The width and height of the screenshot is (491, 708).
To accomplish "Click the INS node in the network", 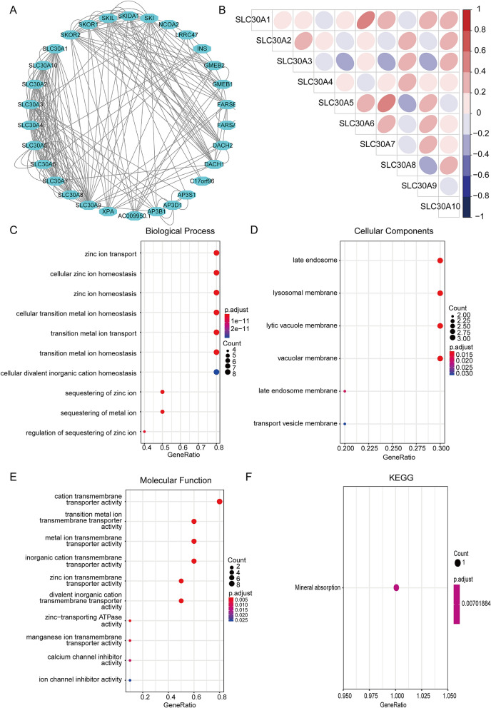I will tap(201, 49).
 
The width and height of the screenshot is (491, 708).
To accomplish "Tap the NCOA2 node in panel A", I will tap(168, 24).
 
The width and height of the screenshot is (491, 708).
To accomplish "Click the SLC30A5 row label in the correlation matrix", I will tap(294, 103).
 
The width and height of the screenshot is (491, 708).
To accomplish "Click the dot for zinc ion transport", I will tap(216, 253).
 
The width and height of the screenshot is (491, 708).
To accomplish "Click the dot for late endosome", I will tap(440, 261).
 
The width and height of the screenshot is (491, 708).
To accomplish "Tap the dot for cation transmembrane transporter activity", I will tap(220, 502).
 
